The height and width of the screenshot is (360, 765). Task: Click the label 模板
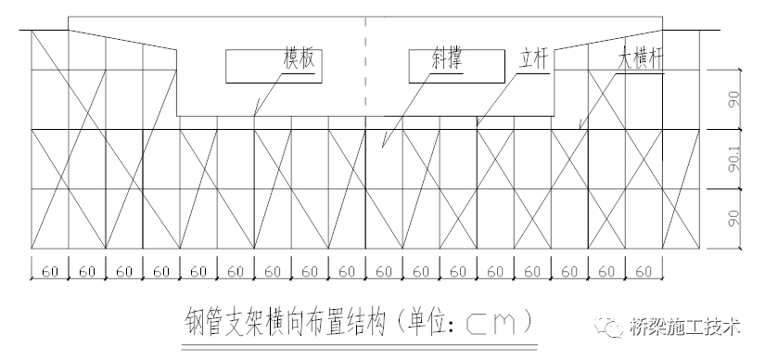(301, 59)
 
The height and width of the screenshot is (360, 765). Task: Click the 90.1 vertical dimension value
(733, 159)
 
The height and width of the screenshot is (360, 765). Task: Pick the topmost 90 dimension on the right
(733, 99)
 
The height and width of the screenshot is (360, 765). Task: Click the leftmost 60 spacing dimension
(50, 271)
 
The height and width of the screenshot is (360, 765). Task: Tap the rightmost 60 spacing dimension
(644, 271)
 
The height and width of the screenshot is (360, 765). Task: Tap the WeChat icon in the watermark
(610, 328)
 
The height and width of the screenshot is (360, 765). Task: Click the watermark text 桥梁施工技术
(686, 328)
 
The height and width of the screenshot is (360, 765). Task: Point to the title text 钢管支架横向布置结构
(283, 322)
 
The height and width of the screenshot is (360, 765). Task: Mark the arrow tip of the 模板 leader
(254, 115)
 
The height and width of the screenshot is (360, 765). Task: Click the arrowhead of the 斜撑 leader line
(382, 148)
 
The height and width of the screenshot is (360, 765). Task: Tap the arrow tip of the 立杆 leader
(476, 123)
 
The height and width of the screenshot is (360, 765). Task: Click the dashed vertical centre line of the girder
(366, 65)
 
